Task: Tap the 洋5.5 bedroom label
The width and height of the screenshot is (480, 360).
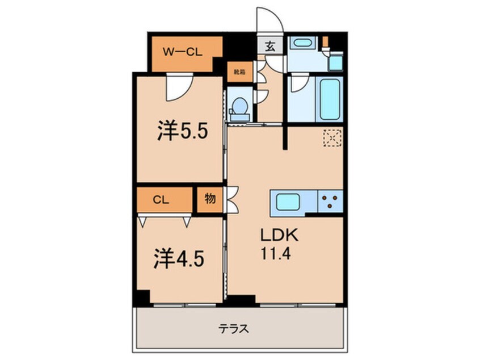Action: (183, 132)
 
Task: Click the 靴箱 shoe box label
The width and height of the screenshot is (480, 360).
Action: (239, 72)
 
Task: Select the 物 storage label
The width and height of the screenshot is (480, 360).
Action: (210, 200)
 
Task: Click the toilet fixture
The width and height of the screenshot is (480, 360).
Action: (241, 107)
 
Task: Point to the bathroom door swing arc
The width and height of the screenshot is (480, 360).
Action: (299, 85)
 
